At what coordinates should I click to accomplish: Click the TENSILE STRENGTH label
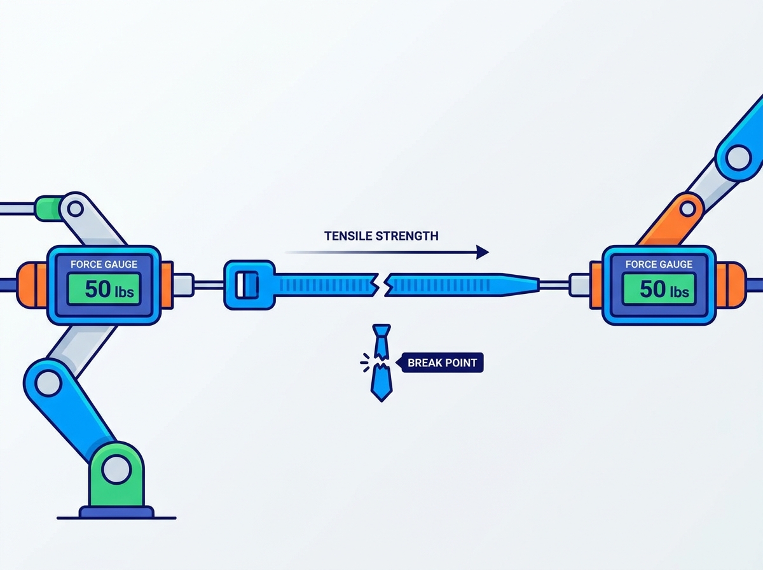point(381,236)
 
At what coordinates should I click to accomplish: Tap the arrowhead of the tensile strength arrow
point(483,252)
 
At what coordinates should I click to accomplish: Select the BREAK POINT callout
point(440,363)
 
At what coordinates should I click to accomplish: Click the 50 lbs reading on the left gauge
point(109,289)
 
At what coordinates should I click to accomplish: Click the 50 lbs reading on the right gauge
point(664,289)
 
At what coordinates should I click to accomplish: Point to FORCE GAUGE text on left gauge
point(104,264)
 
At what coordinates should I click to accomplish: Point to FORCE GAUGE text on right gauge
point(659,264)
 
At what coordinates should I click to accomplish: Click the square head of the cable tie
point(250,285)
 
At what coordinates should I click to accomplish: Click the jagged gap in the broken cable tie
point(381,285)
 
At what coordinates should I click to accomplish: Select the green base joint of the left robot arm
point(116,475)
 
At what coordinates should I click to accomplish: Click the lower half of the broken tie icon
point(381,382)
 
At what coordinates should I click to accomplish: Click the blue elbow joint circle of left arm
point(49,384)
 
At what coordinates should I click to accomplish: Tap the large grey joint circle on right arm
point(739,158)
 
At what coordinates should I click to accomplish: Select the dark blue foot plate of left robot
point(116,512)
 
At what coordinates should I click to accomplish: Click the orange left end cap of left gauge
point(31,285)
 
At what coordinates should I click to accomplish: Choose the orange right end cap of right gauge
point(731,285)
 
